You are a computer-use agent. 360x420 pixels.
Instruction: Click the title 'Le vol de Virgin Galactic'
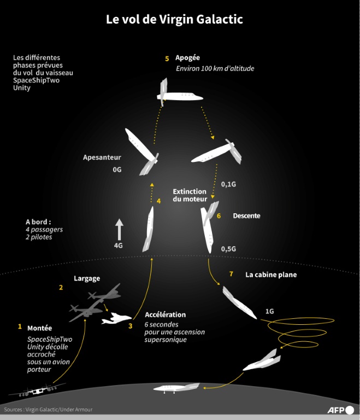(x=174, y=20)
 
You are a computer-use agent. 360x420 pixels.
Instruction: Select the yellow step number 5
(x=167, y=58)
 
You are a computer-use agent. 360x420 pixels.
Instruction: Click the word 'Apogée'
(x=187, y=58)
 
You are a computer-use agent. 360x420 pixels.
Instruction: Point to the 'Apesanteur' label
(x=102, y=157)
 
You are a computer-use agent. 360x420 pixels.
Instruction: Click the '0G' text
(x=116, y=170)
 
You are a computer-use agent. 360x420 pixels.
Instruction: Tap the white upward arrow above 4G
(x=119, y=229)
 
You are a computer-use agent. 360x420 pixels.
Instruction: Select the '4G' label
(x=118, y=246)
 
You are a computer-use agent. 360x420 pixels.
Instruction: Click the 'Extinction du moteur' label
(x=190, y=195)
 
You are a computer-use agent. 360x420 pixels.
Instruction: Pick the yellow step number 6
(x=219, y=216)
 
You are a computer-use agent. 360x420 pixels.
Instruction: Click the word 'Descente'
(x=246, y=216)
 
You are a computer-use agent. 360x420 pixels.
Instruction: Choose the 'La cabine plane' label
(x=271, y=275)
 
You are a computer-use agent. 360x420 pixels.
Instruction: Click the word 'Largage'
(x=87, y=278)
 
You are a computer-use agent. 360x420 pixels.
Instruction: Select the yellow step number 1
(x=20, y=326)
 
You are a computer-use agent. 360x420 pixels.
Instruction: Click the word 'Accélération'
(x=165, y=315)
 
